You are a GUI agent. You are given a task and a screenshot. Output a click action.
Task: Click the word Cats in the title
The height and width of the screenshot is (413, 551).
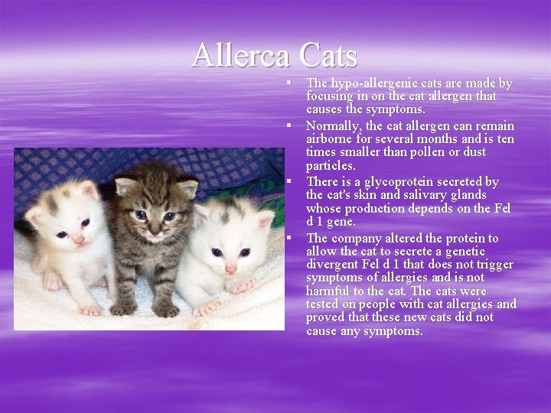click(328, 55)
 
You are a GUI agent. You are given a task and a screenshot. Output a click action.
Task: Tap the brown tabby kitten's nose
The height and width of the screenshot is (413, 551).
click(152, 229)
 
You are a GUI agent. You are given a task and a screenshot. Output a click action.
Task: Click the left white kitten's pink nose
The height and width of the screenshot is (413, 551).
click(79, 239)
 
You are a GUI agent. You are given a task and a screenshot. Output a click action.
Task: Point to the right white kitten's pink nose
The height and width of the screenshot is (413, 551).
click(230, 268)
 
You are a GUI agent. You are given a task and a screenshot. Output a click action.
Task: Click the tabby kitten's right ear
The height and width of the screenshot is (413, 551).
click(187, 187)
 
